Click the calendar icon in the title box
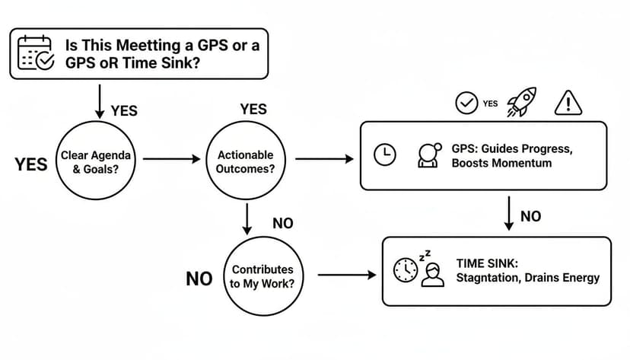tap(35, 53)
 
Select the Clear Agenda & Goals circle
tap(95, 161)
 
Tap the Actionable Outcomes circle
tap(245, 161)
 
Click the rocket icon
tap(521, 101)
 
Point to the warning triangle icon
tap(568, 101)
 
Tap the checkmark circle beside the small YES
tap(466, 103)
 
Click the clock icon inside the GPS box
tap(385, 155)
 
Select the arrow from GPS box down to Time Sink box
tap(508, 214)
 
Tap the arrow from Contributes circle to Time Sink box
tap(346, 274)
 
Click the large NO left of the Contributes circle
tap(199, 279)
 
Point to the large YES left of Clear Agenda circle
tap(30, 164)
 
